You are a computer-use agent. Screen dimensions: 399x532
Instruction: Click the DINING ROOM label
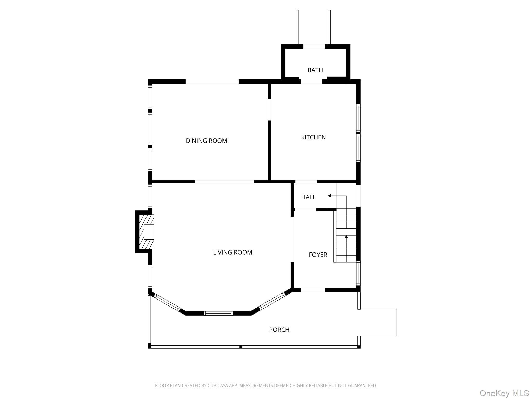click(x=207, y=141)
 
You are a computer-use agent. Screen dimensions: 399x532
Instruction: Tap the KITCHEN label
click(x=313, y=137)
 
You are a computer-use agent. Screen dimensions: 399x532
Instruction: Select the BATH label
click(x=315, y=70)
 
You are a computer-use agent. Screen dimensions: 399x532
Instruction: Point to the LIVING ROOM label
click(x=232, y=252)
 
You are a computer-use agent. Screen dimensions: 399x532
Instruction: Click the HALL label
click(x=308, y=197)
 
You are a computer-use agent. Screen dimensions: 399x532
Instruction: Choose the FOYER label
click(x=318, y=255)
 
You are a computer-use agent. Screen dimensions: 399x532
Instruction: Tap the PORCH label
click(x=279, y=330)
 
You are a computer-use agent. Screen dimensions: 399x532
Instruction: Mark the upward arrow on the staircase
click(x=346, y=237)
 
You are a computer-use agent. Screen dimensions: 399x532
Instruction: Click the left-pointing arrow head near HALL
click(x=329, y=196)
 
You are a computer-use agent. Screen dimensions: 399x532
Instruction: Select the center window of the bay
click(x=218, y=313)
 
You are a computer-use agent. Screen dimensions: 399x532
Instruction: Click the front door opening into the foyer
click(x=313, y=290)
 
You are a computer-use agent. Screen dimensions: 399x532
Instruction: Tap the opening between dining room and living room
click(x=224, y=182)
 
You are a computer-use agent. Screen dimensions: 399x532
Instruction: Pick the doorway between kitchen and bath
click(x=311, y=82)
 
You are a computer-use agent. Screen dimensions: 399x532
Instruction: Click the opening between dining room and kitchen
click(x=269, y=109)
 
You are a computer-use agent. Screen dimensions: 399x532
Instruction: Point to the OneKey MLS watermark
click(x=504, y=393)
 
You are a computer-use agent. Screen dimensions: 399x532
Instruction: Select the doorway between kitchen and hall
click(x=306, y=182)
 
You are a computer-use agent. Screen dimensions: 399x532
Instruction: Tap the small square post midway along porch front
click(x=241, y=347)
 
